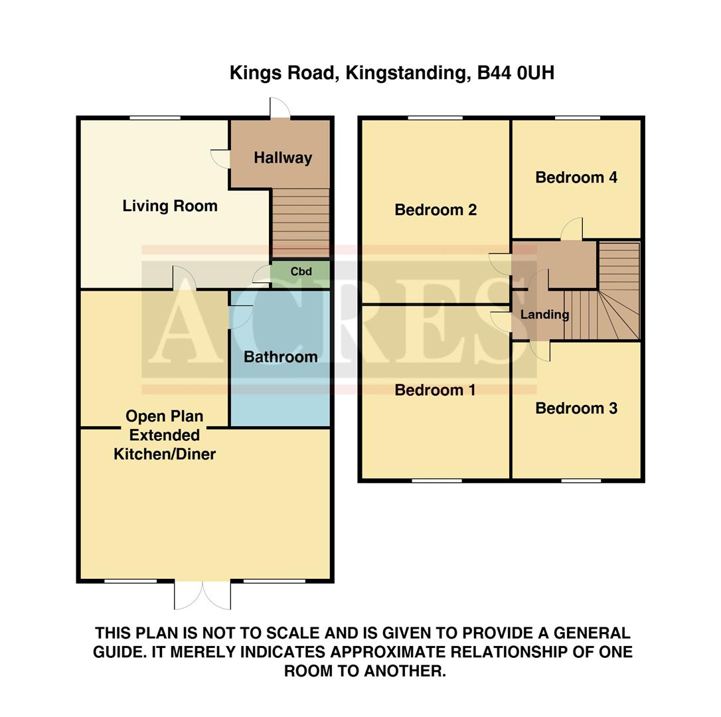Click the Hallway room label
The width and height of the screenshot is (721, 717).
283,158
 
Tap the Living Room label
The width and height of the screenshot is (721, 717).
170,206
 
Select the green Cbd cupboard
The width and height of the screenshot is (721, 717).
301,272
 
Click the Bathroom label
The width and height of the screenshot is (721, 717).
280,357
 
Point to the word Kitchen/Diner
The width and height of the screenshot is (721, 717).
165,455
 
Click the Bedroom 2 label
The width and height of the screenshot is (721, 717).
436,210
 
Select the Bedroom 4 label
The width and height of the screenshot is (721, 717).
576,177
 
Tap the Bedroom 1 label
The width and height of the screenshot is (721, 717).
435,390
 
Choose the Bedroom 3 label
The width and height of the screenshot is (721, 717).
576,408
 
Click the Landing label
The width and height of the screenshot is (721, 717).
544,315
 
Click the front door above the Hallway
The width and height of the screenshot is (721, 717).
280,109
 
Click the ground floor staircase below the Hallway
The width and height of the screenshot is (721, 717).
301,223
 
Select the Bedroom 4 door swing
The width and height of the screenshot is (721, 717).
572,229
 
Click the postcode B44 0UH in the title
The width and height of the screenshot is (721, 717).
516,73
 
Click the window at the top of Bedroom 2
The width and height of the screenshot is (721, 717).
435,118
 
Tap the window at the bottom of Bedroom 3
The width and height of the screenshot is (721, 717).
581,480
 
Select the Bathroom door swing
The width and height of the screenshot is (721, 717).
240,316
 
